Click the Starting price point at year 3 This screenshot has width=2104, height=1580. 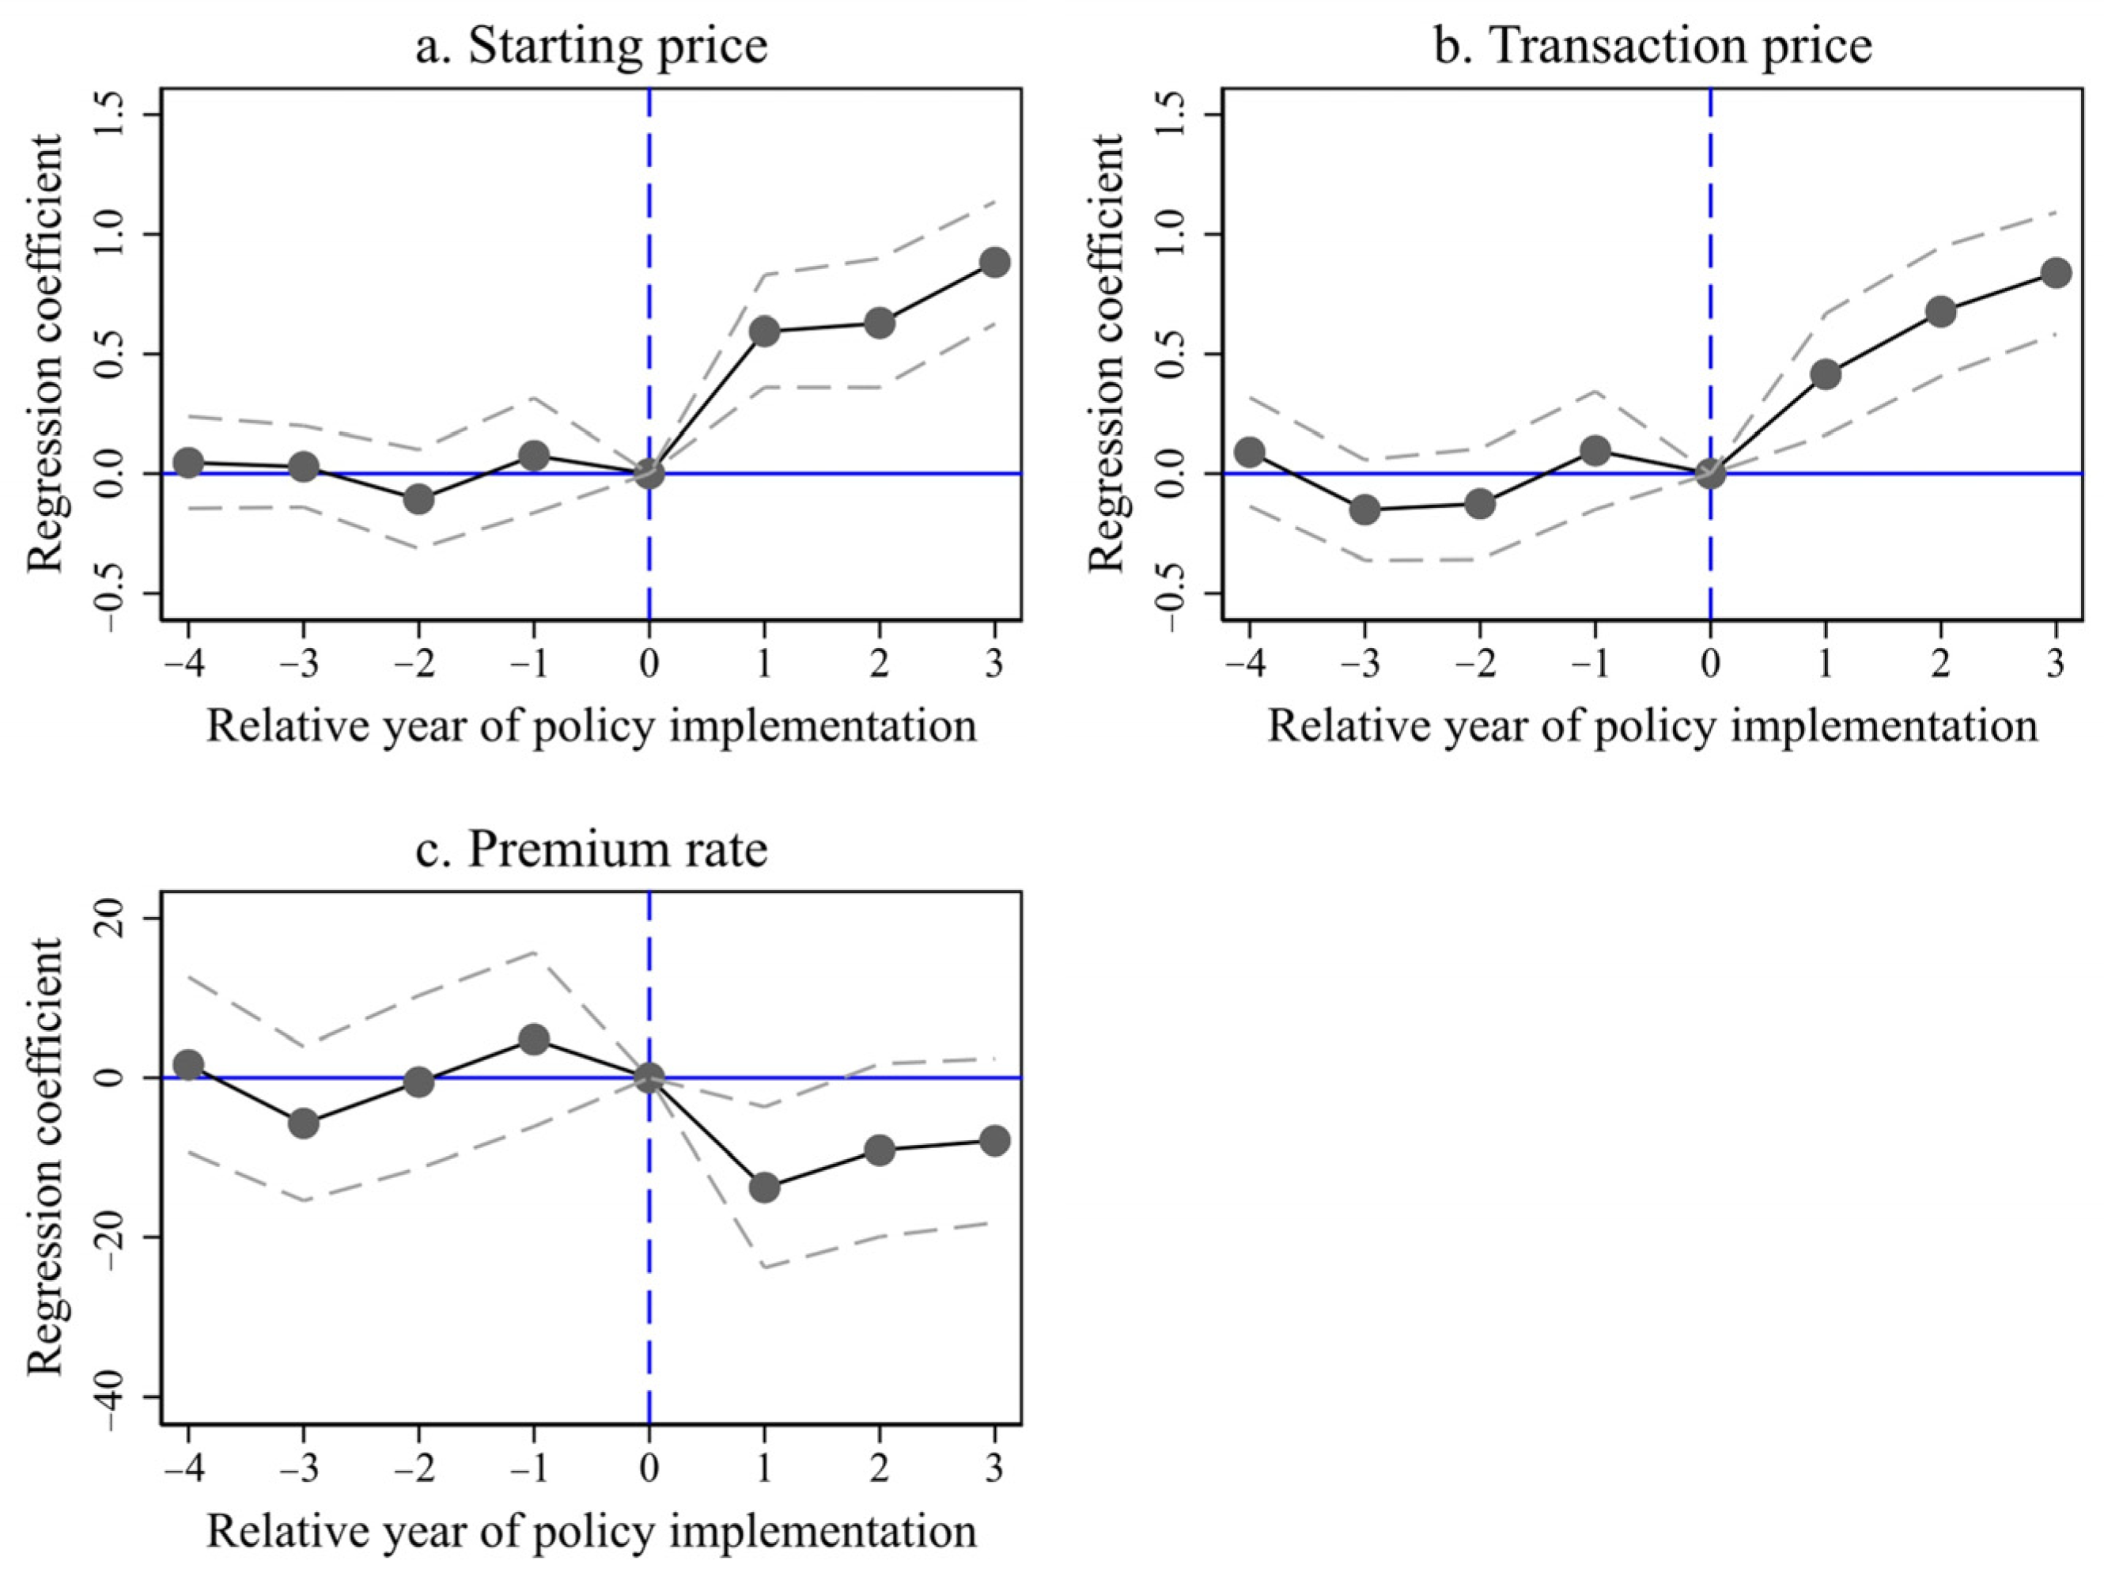(x=994, y=262)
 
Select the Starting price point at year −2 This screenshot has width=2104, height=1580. (x=418, y=498)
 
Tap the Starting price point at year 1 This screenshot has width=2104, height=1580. (x=764, y=332)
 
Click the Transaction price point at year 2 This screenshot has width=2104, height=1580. (x=1940, y=311)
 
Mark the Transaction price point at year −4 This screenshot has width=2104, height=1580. (x=1250, y=452)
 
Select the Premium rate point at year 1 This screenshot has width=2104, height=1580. (x=764, y=1187)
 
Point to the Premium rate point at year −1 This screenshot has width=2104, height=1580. (x=534, y=1038)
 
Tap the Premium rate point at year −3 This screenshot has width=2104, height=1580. (x=304, y=1123)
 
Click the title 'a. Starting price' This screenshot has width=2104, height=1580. (x=591, y=45)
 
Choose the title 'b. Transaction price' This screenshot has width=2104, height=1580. (x=1652, y=45)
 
